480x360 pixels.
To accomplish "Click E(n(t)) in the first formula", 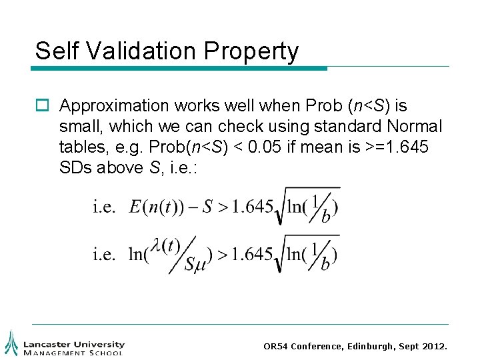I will coord(158,207).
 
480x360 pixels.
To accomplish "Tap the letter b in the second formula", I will coord(325,265).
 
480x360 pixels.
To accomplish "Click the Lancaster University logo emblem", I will coord(11,343).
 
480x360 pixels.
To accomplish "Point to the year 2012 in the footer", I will coord(435,347).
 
